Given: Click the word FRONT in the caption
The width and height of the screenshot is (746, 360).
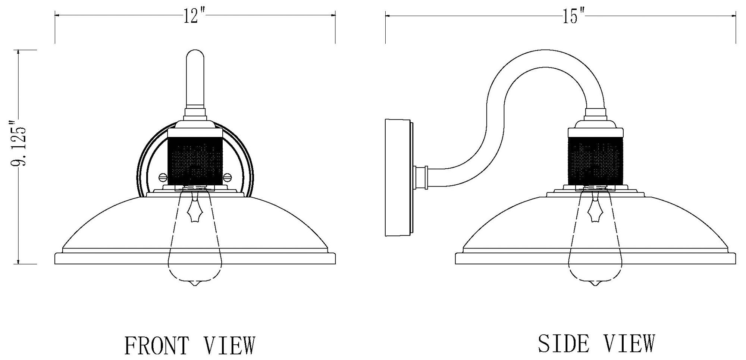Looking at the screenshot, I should (x=157, y=345).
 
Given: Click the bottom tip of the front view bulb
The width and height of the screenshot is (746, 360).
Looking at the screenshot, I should (x=194, y=285).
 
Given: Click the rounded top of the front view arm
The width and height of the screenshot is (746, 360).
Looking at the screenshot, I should (x=195, y=54).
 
